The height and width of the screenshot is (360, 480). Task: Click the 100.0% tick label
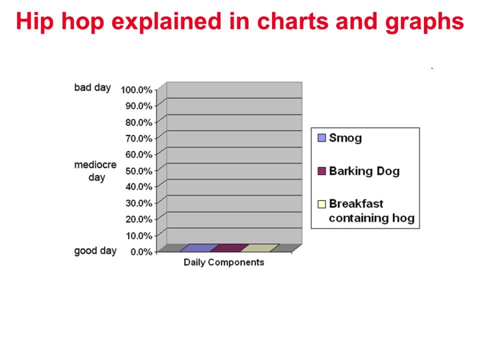click(x=136, y=90)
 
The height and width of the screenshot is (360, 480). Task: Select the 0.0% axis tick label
click(x=141, y=252)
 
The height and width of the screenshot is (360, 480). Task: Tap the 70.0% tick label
click(x=139, y=138)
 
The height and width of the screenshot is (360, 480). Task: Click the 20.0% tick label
click(x=139, y=219)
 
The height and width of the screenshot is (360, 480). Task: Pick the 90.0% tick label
click(x=139, y=106)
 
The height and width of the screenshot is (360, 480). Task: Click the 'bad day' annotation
click(x=92, y=87)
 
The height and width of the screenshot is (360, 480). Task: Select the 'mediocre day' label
click(x=95, y=171)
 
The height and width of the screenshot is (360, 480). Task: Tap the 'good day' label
click(x=95, y=251)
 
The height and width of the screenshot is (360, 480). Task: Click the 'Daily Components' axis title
click(x=224, y=262)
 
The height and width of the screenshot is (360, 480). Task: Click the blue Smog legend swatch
click(x=322, y=138)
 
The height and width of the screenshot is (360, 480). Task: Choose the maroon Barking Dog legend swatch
click(x=322, y=171)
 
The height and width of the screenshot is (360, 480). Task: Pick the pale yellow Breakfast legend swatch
click(x=322, y=204)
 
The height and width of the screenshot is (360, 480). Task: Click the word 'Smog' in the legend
click(x=345, y=138)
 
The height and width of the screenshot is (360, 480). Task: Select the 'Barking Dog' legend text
click(x=364, y=171)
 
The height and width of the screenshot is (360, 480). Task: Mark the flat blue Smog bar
click(x=199, y=248)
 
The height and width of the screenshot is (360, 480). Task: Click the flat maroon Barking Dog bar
click(x=229, y=248)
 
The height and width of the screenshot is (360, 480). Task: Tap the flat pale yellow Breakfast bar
click(x=260, y=248)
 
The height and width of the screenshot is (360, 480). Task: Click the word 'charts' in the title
click(x=293, y=21)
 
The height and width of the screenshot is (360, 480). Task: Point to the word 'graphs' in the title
click(x=425, y=22)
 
